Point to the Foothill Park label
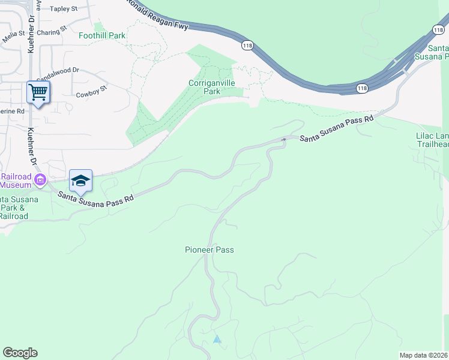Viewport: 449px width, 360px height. tap(102, 35)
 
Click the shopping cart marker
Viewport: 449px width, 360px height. tap(38, 93)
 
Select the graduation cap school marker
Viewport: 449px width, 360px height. tap(80, 180)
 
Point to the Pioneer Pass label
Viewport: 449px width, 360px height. tap(209, 250)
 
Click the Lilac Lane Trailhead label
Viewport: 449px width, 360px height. tap(432, 140)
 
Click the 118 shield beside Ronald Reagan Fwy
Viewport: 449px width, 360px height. tap(247, 45)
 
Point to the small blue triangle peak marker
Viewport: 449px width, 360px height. tap(217, 340)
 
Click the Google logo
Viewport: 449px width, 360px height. tap(20, 353)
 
